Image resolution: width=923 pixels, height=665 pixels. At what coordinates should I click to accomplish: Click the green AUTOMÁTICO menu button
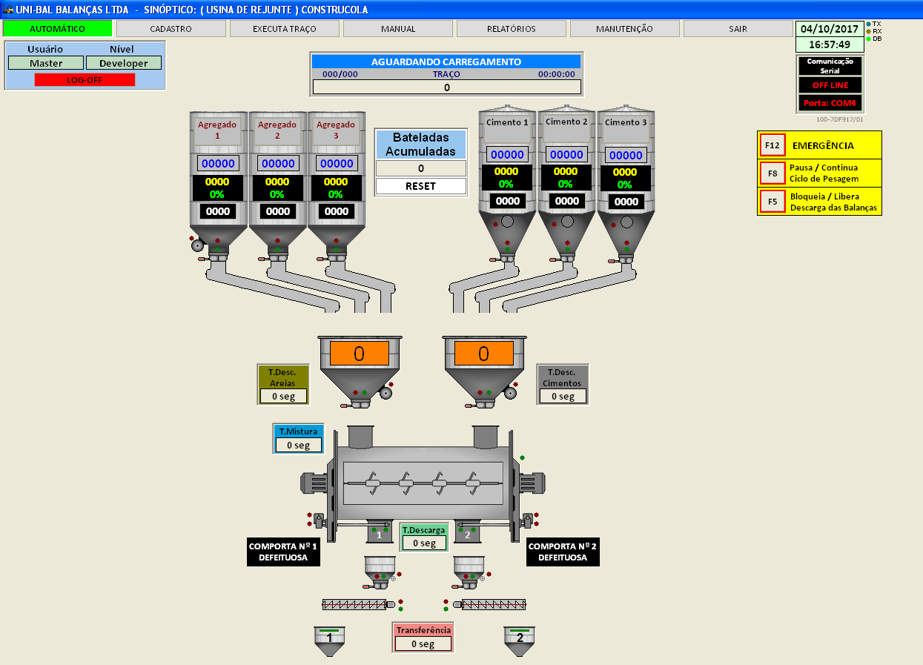pyautogui.click(x=57, y=29)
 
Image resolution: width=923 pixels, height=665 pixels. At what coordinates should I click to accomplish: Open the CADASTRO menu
pyautogui.click(x=171, y=29)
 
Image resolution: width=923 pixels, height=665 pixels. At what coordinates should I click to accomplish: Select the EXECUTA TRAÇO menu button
pyautogui.click(x=284, y=29)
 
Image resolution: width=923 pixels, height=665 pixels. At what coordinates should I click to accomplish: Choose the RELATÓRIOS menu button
pyautogui.click(x=512, y=29)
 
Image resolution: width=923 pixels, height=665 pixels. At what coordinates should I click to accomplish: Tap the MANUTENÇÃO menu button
pyautogui.click(x=624, y=29)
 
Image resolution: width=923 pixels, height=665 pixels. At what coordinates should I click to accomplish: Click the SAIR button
pyautogui.click(x=738, y=29)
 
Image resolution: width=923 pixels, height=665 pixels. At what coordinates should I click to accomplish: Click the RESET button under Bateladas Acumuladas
pyautogui.click(x=420, y=186)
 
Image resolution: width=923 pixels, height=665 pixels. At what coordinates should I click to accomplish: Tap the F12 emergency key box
pyautogui.click(x=773, y=145)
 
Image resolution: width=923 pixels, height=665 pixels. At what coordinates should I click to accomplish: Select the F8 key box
pyautogui.click(x=773, y=173)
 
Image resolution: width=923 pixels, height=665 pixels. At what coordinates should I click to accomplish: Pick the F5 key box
pyautogui.click(x=773, y=201)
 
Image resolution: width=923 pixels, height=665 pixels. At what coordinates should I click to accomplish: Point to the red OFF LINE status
pyautogui.click(x=830, y=85)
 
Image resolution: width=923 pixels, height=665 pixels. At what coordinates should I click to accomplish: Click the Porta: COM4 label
pyautogui.click(x=830, y=103)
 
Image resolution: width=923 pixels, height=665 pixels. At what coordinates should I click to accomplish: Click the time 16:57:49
pyautogui.click(x=829, y=44)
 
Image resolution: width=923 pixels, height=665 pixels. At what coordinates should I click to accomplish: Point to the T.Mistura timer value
pyautogui.click(x=299, y=445)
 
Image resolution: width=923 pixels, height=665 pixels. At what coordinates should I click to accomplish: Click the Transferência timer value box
pyautogui.click(x=422, y=644)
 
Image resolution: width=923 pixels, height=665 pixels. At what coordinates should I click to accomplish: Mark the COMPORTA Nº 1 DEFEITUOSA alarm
pyautogui.click(x=283, y=552)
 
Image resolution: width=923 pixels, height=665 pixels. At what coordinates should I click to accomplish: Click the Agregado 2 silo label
pyautogui.click(x=277, y=130)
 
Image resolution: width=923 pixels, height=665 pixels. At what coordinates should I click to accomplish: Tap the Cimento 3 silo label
pyautogui.click(x=626, y=122)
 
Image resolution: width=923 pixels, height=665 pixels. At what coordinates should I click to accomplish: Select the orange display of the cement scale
pyautogui.click(x=483, y=354)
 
